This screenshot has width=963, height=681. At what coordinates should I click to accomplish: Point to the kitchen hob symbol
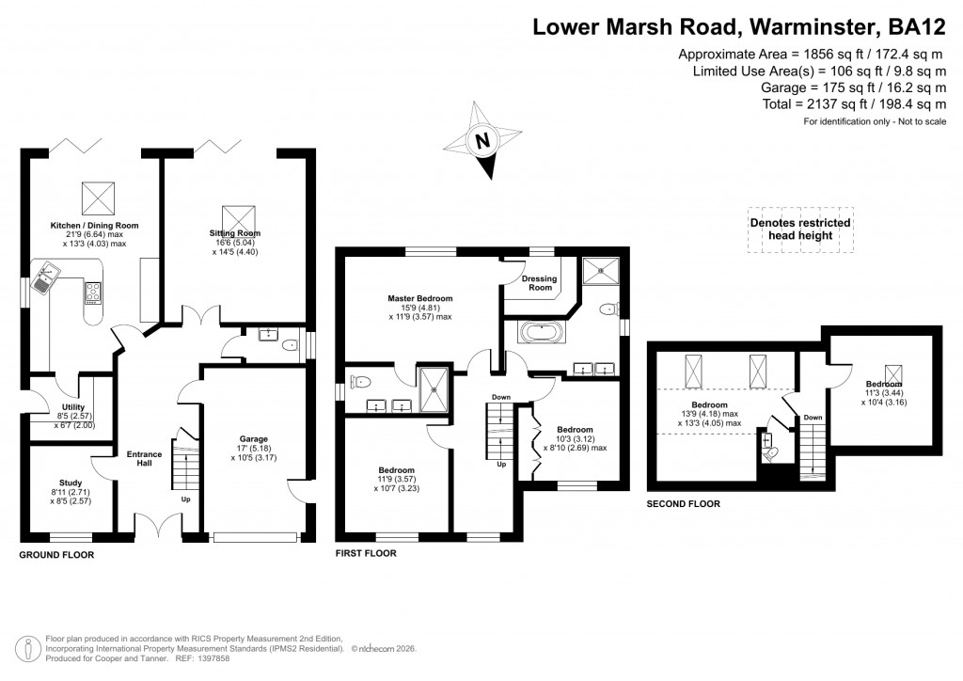(93, 293)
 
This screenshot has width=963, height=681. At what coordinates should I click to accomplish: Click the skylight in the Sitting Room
(235, 216)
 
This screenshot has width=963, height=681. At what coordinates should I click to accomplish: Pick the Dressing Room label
(540, 283)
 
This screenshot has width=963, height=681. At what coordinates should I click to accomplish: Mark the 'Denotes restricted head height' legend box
(799, 229)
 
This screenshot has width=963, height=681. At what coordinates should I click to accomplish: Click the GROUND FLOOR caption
(56, 556)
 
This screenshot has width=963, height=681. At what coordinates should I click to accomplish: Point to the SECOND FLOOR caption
(683, 504)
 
